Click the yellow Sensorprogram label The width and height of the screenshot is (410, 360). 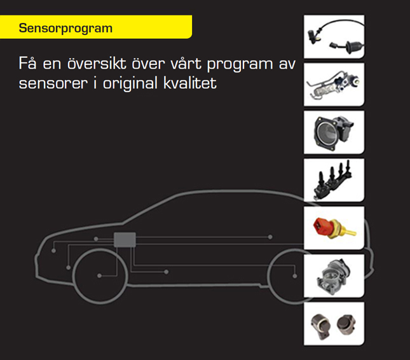pyautogui.click(x=66, y=29)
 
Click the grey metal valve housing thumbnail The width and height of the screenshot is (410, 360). pyautogui.click(x=334, y=276)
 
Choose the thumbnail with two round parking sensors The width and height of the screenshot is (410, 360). pyautogui.click(x=334, y=324)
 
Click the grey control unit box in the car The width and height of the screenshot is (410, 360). pyautogui.click(x=125, y=240)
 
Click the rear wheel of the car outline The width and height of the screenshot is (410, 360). pyautogui.click(x=293, y=276)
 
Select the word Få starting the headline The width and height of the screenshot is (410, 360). pyautogui.click(x=29, y=64)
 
